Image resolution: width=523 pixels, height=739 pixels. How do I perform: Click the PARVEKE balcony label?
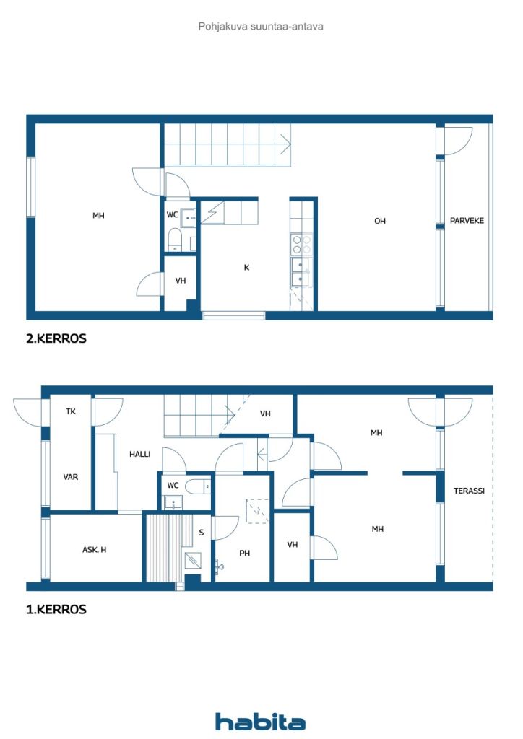point(467,221)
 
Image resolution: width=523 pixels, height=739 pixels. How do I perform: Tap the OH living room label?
point(380,221)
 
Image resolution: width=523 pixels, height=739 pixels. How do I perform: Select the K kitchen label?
point(246,267)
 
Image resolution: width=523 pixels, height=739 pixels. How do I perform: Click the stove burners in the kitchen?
point(302,244)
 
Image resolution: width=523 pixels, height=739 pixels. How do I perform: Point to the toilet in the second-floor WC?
point(175,240)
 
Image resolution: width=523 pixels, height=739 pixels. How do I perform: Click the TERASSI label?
point(469,491)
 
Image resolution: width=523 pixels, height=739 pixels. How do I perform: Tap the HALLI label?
point(139,454)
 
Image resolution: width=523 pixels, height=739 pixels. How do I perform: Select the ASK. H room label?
point(95,549)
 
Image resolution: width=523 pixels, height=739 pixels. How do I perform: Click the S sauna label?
point(202,533)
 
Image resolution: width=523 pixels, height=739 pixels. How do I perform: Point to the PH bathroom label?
point(244,553)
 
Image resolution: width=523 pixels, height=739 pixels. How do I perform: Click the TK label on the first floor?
point(71,411)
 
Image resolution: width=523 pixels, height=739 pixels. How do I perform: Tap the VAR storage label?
point(71,477)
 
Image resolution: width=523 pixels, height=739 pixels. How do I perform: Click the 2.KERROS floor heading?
point(56,338)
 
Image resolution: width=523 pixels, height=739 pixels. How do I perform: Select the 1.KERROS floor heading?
point(56,609)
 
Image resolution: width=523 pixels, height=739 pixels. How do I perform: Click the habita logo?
point(260,722)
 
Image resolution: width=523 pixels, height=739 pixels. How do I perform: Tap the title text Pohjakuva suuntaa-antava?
point(261,27)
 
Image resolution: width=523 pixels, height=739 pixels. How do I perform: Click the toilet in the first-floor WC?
point(198,486)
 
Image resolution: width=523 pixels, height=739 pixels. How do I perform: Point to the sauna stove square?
point(192,560)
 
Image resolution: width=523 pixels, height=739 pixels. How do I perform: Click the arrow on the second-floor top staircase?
point(286,144)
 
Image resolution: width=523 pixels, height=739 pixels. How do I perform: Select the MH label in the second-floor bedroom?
point(98,215)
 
